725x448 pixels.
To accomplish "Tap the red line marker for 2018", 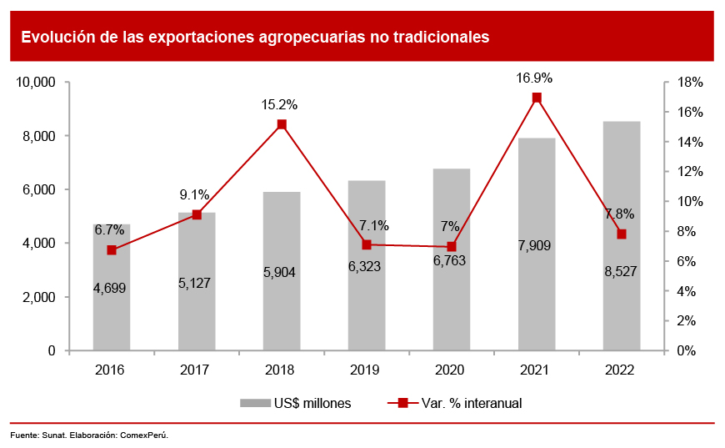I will pos(282,124).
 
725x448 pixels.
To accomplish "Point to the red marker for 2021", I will pos(537,98).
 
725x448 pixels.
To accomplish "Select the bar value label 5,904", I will pos(280,273).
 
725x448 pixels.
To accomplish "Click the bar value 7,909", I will pos(535,246).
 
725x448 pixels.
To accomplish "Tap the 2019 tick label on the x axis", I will pos(366,370).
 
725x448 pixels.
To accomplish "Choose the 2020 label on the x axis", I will pos(451,370).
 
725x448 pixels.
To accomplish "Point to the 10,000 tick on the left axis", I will pos(36,83).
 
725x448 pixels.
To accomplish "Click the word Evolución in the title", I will pos(55,37).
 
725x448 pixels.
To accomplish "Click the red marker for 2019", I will pos(367,244).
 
